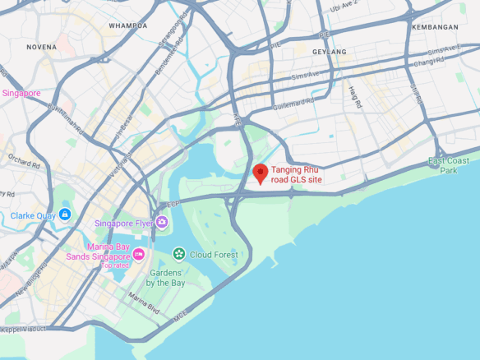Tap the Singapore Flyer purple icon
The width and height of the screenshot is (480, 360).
point(162,222)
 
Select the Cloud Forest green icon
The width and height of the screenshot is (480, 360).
point(178,254)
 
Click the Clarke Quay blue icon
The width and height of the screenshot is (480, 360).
point(65,215)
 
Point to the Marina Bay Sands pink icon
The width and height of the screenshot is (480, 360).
point(139,253)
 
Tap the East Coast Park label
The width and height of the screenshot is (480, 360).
point(449,165)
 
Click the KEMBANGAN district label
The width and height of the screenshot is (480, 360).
point(436,27)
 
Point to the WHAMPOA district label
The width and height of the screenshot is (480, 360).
point(128,25)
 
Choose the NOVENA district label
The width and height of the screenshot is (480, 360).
point(41,47)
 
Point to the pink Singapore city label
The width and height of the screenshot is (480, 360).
point(21,93)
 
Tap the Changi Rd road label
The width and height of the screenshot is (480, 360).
point(428,62)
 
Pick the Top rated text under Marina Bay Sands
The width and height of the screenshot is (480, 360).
point(115,265)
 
